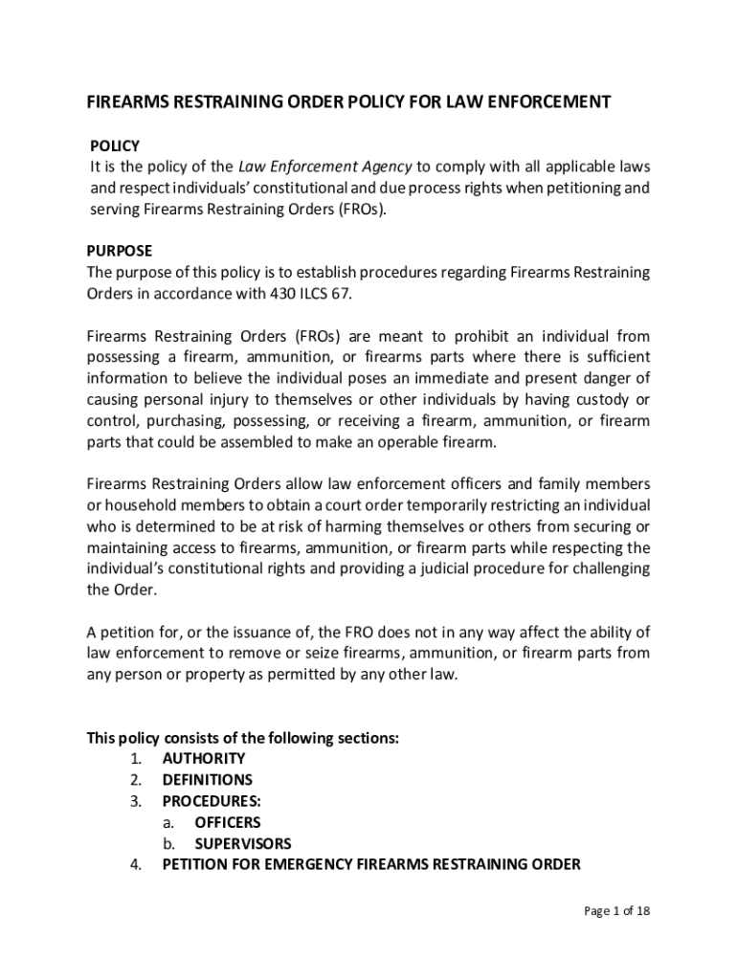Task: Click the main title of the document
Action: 348,102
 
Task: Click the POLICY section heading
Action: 115,146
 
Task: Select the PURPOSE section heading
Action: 120,251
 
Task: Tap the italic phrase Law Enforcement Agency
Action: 324,167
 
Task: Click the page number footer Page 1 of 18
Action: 617,911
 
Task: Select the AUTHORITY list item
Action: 204,759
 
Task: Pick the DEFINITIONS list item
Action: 208,780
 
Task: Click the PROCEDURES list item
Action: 212,801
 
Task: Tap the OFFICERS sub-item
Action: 228,822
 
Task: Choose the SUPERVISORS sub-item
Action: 243,844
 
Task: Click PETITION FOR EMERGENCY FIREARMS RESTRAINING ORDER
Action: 371,865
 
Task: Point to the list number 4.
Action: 137,865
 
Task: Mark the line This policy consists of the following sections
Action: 243,738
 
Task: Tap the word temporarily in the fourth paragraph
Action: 445,505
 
